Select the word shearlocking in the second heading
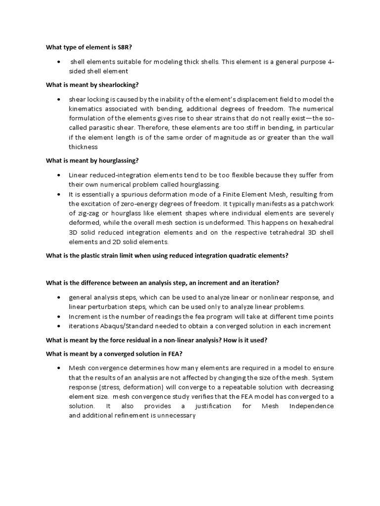[109, 85]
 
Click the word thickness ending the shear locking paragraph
[83, 147]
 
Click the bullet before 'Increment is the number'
[59, 316]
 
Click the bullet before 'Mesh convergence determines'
[59, 368]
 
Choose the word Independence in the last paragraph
[310, 406]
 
